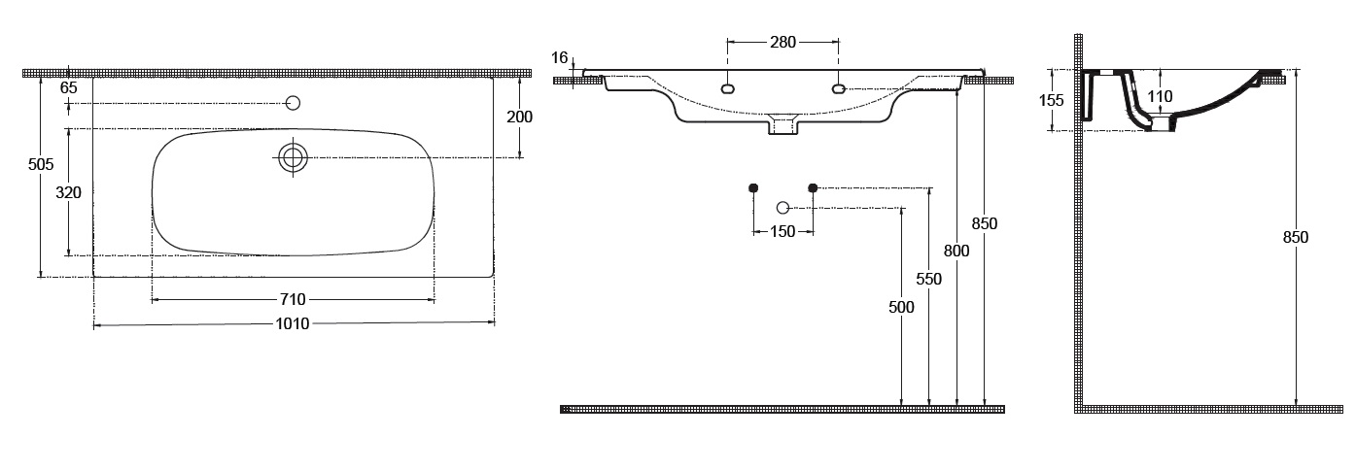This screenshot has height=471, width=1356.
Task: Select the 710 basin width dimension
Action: pos(294,299)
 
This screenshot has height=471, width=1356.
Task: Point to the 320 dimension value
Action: pos(68,192)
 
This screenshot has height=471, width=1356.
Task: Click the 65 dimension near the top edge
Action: pos(68,87)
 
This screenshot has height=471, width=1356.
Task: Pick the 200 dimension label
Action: pos(520,117)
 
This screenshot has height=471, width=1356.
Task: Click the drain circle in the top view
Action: pos(293,157)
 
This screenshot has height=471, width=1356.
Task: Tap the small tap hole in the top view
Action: pos(293,103)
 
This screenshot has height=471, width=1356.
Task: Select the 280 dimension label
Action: pos(782,42)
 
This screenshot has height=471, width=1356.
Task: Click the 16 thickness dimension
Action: pos(559,57)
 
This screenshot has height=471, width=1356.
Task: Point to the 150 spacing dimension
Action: pos(782,231)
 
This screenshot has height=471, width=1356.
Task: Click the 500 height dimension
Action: pos(902,307)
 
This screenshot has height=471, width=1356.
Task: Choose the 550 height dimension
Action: pos(929,279)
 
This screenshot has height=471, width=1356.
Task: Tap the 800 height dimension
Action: pos(957,251)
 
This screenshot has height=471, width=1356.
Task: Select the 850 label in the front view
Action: pos(985,223)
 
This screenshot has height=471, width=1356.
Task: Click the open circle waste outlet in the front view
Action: pos(783,207)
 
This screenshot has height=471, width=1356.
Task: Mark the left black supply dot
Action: pos(753,186)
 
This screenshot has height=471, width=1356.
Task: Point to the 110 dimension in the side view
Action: pos(1160,96)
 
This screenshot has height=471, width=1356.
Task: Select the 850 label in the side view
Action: pos(1296,237)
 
